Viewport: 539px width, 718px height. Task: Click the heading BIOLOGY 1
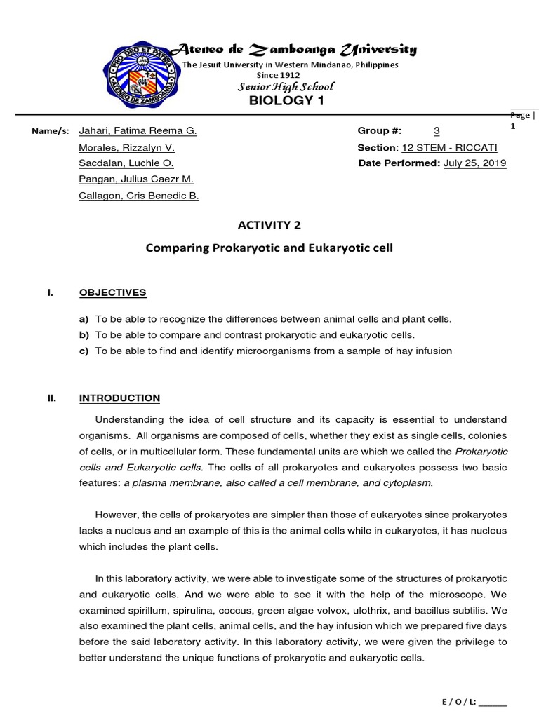(x=289, y=101)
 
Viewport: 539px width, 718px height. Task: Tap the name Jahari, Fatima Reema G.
(x=138, y=131)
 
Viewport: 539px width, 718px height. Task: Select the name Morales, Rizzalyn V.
(x=127, y=148)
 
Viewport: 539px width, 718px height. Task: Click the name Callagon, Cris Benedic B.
(x=139, y=196)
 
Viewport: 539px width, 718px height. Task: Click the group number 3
(x=437, y=131)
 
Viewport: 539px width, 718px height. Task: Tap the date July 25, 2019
(x=475, y=163)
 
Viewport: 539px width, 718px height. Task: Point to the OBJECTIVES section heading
(x=112, y=292)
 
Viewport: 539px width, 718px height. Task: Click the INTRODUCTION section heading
(x=119, y=398)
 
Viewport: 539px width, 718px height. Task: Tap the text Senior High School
(x=287, y=86)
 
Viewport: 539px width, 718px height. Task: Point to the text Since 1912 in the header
(x=279, y=74)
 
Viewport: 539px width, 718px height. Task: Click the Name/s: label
(x=49, y=132)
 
